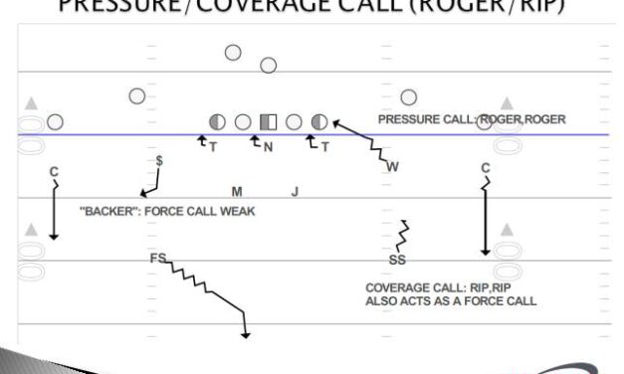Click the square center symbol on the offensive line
point(268,122)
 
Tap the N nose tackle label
point(268,146)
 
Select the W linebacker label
point(392,166)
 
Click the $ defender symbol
point(160,159)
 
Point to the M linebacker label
point(237,191)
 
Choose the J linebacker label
point(295,191)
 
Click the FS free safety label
point(157,259)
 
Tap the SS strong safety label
point(397,261)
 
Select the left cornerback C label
point(54,172)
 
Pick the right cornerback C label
point(486,167)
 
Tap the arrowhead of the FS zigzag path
point(245,335)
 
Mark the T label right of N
point(324,146)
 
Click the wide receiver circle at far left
point(55,122)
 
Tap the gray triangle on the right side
point(508,103)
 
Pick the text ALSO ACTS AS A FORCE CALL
point(451,299)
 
